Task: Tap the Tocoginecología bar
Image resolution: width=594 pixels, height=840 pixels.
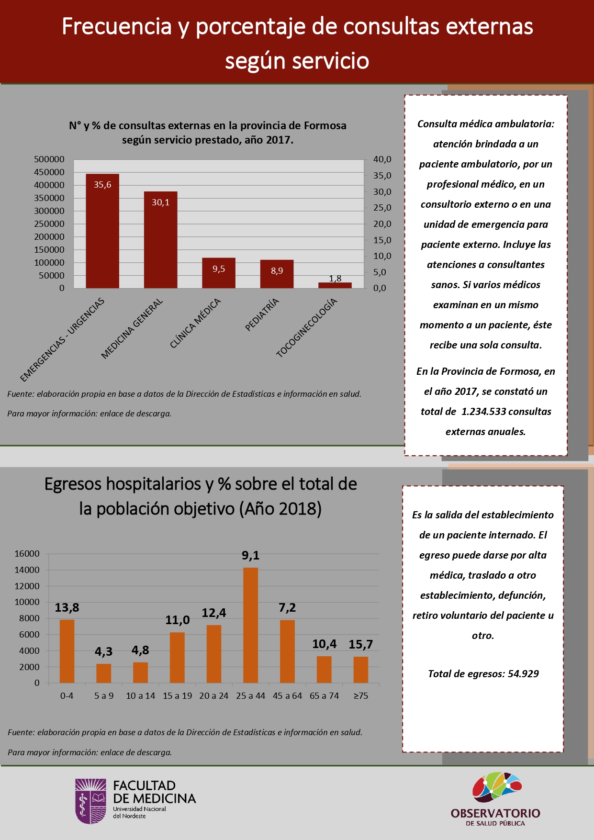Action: pos(335,285)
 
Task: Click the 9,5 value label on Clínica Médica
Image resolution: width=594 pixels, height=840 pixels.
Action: pos(219,269)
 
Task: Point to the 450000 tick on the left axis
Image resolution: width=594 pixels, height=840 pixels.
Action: pos(49,172)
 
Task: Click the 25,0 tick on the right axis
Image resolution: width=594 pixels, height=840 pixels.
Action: pos(382,208)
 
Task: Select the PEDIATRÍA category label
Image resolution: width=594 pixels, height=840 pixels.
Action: pos(262,314)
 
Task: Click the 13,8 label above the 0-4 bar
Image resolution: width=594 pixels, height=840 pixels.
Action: pos(67,608)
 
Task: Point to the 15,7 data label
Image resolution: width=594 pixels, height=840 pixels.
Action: pos(360,644)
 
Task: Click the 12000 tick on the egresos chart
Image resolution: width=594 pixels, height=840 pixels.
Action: pos(27,586)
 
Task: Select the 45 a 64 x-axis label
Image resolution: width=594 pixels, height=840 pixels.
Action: pos(287,696)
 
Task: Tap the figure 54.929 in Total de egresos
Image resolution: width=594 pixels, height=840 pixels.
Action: pos(523,674)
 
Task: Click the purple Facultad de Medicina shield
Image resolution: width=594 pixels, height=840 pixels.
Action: pos(91,801)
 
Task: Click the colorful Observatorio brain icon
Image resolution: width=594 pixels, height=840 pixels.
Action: pos(496,787)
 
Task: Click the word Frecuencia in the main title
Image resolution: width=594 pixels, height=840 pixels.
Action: pos(116,26)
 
